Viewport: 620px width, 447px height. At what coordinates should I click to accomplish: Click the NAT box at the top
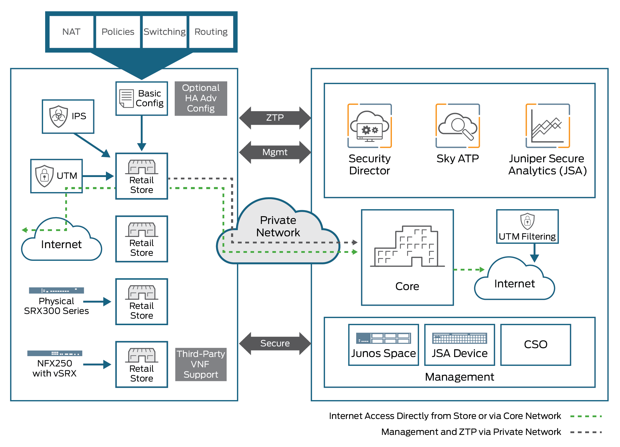71,32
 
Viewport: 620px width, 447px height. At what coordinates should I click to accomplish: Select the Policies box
118,32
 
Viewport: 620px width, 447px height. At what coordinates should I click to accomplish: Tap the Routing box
211,32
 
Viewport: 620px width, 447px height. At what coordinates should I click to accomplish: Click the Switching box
164,32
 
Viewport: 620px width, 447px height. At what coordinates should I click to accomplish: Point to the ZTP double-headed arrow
275,118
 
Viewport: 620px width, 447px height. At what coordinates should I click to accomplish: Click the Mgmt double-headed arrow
275,152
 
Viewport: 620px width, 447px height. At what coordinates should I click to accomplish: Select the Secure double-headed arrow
275,343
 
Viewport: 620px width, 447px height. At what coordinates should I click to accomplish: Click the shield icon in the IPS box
58,116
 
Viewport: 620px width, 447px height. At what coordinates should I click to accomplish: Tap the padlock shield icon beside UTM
44,176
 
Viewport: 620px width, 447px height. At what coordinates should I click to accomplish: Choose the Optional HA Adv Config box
201,98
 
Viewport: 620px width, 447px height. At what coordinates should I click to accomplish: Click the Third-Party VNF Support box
201,364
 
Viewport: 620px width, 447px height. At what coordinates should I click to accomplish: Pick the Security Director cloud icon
369,126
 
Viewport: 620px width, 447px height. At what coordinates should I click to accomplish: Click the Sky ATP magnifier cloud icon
458,126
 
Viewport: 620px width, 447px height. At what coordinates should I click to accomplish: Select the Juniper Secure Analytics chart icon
547,126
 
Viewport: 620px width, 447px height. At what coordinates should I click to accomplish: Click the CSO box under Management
536,345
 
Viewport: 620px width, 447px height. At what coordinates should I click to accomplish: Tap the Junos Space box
383,345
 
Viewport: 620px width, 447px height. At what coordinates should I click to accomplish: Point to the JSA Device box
459,345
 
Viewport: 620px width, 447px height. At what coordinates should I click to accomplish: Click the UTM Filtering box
527,227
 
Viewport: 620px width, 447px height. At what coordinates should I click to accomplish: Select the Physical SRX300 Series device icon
56,291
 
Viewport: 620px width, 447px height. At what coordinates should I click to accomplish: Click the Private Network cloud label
278,226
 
